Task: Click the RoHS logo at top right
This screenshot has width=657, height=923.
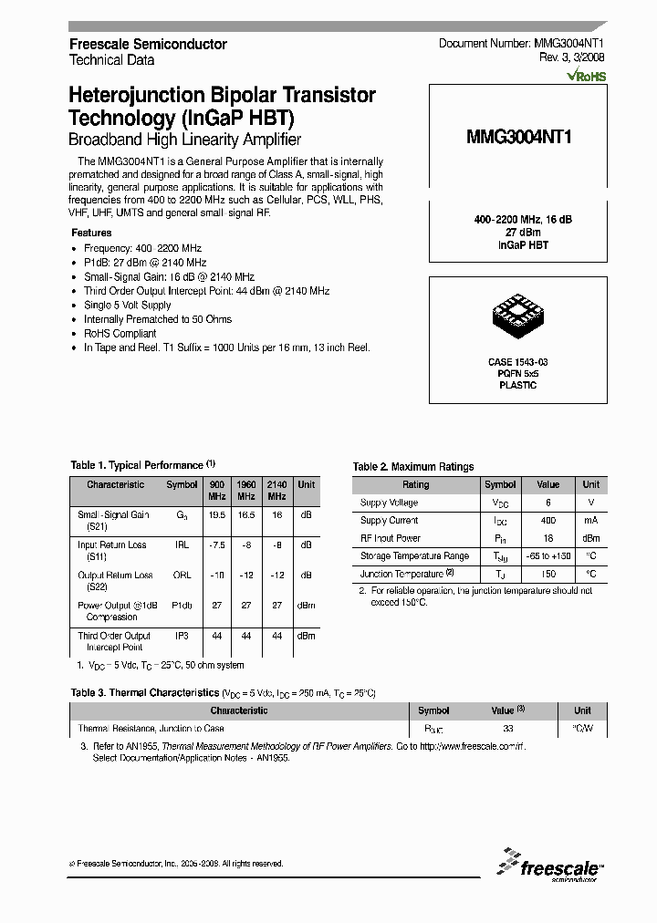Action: point(585,77)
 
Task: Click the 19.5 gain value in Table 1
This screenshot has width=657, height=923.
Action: point(216,514)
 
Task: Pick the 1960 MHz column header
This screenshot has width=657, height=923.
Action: point(246,490)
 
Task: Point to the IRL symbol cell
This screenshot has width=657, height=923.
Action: point(182,544)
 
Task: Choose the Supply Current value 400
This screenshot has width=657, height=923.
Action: point(547,521)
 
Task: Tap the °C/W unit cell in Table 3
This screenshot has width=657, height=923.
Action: point(582,729)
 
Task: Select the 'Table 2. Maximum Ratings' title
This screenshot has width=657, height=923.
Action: point(413,467)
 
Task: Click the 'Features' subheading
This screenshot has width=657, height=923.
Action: point(91,233)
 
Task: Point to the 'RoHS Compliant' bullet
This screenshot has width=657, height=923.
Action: point(120,334)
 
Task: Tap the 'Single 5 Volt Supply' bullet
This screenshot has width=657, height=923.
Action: point(128,305)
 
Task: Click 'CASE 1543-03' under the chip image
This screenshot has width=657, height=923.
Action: point(517,362)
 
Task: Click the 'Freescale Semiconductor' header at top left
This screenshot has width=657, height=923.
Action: point(148,44)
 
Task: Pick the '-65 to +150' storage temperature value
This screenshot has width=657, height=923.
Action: point(547,556)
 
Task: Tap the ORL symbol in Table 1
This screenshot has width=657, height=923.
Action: point(182,576)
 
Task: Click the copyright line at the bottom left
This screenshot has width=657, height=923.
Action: point(176,863)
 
